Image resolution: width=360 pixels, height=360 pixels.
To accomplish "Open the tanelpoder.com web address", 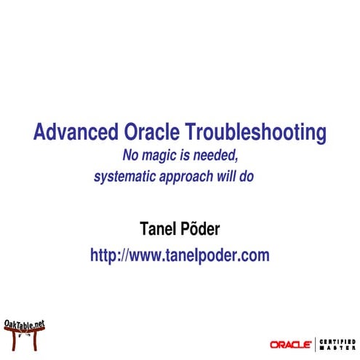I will click(180, 255).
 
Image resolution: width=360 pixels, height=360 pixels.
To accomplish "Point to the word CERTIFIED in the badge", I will click(336, 340).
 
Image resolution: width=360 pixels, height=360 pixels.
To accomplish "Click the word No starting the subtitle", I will click(130, 155).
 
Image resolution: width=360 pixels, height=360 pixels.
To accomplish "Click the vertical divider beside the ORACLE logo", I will click(316, 343).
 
